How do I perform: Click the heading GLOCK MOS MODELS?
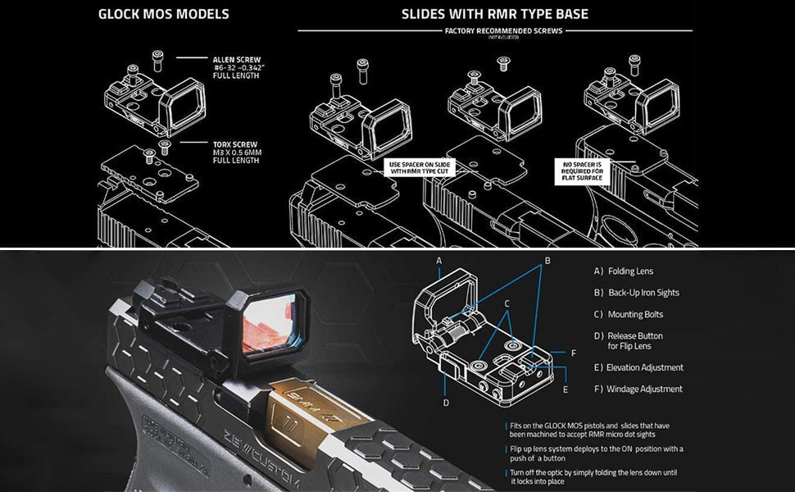click(x=163, y=14)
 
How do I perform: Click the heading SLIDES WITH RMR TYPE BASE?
click(x=494, y=14)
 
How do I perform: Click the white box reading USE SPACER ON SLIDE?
click(x=420, y=169)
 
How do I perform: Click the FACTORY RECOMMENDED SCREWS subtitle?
click(x=503, y=31)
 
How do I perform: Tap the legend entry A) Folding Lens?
click(x=624, y=271)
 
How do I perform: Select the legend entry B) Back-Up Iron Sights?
click(x=636, y=293)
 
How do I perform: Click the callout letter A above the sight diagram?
click(x=439, y=261)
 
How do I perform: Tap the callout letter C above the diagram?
click(x=507, y=303)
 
